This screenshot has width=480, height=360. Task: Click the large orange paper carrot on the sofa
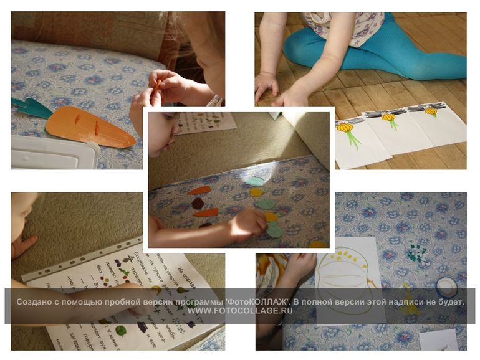(x=87, y=126)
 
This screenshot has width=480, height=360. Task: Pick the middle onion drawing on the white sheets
(x=389, y=117)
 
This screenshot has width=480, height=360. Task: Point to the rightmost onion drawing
(x=431, y=111)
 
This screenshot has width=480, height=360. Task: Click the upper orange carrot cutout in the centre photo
(x=199, y=190)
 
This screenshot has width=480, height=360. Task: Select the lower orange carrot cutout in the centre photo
(x=205, y=212)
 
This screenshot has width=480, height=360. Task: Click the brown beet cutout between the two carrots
(x=198, y=203)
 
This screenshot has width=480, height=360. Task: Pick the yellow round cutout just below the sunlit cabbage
(x=256, y=192)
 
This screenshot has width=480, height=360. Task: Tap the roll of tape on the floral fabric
(x=446, y=287)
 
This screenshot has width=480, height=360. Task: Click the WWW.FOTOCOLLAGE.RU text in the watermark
(x=240, y=310)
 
